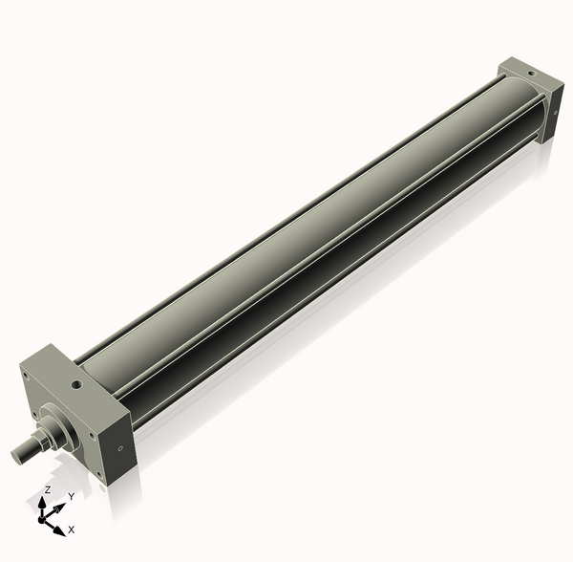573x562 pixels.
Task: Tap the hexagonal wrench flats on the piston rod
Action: pyautogui.click(x=36, y=443)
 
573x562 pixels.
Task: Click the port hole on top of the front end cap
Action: pyautogui.click(x=74, y=386)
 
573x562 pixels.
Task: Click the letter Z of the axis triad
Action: pyautogui.click(x=47, y=489)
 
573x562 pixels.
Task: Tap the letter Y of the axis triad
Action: pyautogui.click(x=71, y=496)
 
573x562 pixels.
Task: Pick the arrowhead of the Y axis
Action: pyautogui.click(x=58, y=506)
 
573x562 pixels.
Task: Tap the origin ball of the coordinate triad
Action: pyautogui.click(x=43, y=519)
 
